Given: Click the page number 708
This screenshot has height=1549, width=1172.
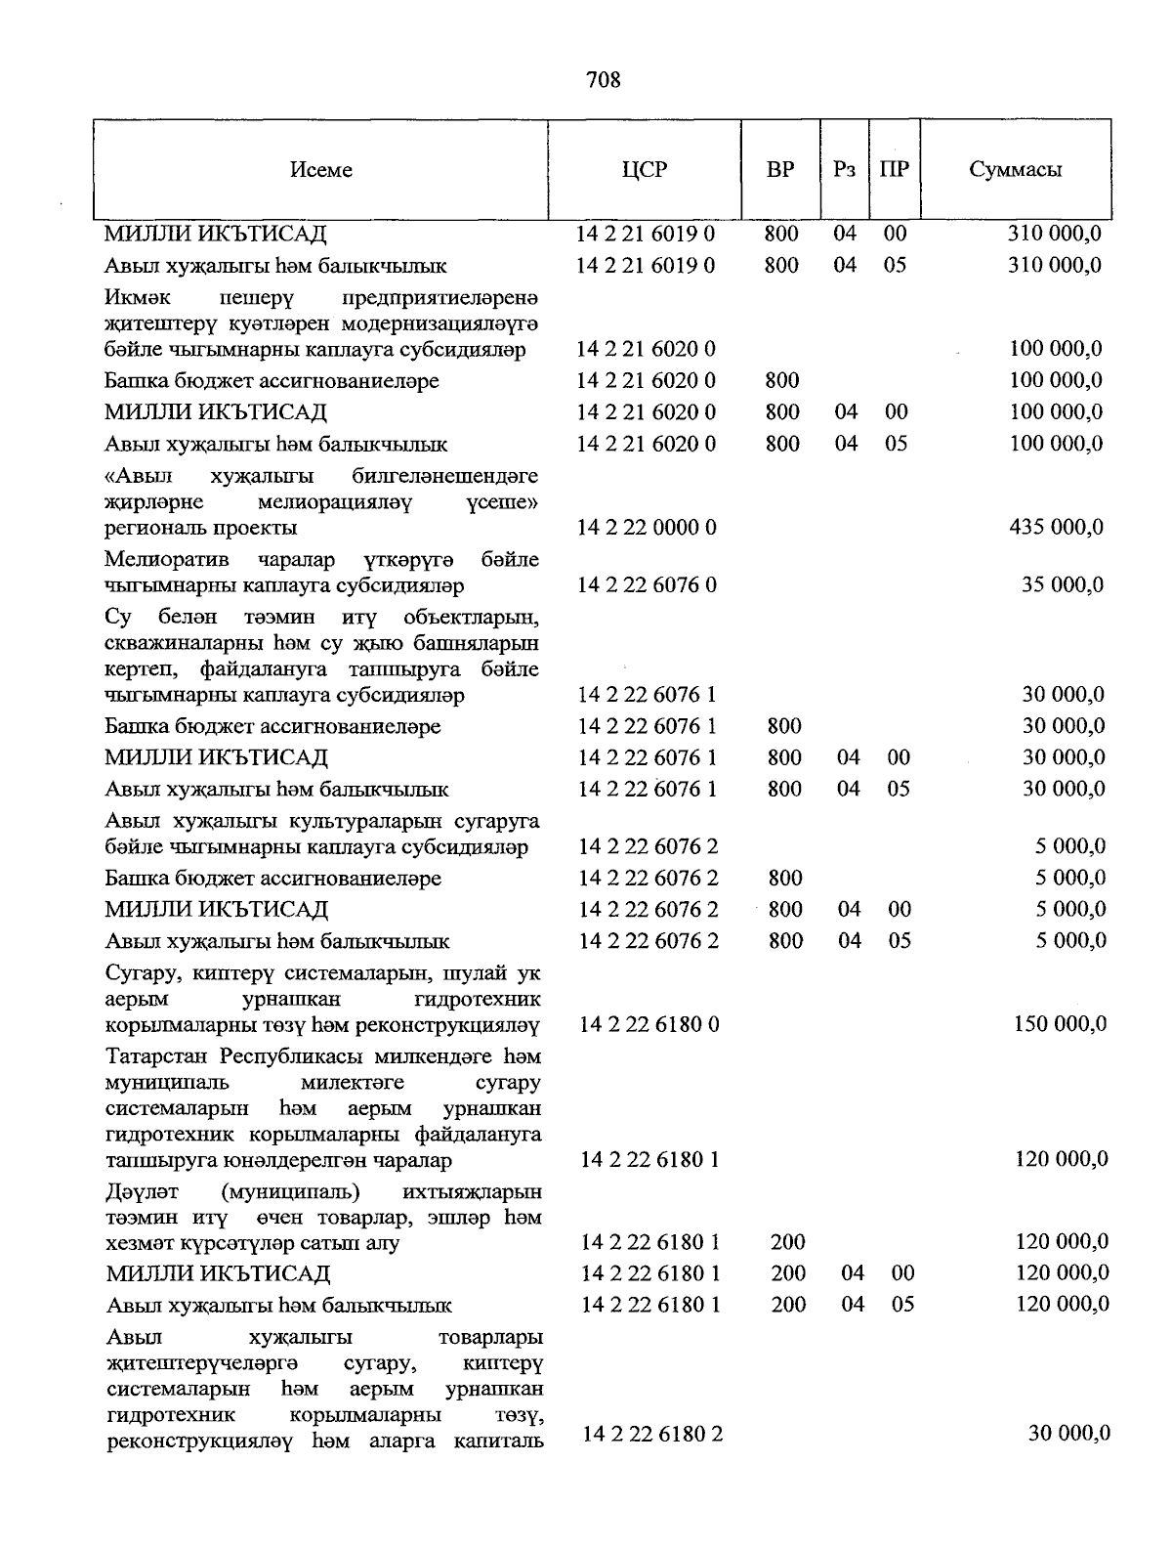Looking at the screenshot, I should pos(604,80).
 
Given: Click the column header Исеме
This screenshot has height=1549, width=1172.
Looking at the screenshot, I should pos(321,170).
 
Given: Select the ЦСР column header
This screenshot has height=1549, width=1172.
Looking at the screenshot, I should pos(645,169).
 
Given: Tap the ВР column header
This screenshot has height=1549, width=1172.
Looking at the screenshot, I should pos(780,169).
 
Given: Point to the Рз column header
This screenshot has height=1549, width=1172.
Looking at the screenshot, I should pos(845,169).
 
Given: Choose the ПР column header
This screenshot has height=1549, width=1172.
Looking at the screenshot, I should pos(894,169).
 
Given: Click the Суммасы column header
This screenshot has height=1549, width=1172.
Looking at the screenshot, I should pos(1016,169).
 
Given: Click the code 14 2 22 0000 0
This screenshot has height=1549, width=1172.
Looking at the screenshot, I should pos(648,528).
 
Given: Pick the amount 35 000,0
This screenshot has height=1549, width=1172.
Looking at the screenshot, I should pos(1064,585).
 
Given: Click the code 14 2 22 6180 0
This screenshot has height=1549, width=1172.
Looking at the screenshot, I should pos(649,1024).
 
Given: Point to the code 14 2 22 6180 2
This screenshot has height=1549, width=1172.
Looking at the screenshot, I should pos(652,1434).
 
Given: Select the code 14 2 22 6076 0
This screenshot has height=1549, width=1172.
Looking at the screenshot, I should pos(648,585).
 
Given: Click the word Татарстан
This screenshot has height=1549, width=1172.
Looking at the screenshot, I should pos(159,1056).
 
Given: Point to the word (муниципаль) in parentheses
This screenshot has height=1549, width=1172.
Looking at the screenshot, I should pos(290,1192).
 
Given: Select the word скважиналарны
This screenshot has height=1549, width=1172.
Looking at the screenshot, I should pos(175,644).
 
